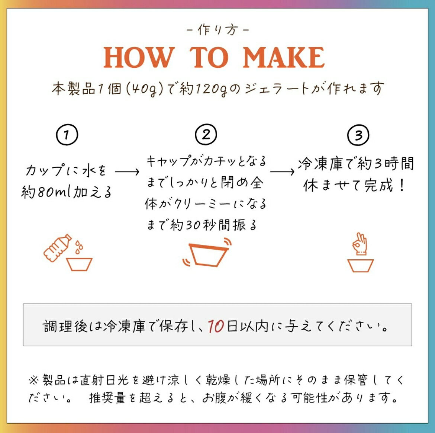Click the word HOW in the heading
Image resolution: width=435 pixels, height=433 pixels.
pyautogui.click(x=139, y=57)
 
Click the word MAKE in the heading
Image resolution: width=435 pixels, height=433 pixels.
pyautogui.click(x=284, y=57)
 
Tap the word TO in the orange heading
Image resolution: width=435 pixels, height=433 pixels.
pyautogui.click(x=209, y=57)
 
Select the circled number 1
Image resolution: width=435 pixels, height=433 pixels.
pyautogui.click(x=67, y=135)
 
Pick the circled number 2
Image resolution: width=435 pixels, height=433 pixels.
pyautogui.click(x=206, y=135)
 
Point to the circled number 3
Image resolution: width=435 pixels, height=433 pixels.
pyautogui.click(x=358, y=135)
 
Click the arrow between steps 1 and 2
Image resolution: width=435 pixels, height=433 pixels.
pyautogui.click(x=127, y=172)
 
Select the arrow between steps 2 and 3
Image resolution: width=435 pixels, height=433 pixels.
pyautogui.click(x=282, y=172)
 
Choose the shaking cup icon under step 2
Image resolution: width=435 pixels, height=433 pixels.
pyautogui.click(x=207, y=253)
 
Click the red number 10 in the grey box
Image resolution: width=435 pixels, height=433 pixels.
pyautogui.click(x=216, y=326)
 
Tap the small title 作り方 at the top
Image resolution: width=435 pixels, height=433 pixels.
pyautogui.click(x=218, y=30)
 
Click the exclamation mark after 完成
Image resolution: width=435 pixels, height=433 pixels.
pyautogui.click(x=402, y=185)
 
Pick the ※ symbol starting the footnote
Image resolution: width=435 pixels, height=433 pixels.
pyautogui.click(x=33, y=380)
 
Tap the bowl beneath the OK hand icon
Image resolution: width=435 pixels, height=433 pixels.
pyautogui.click(x=360, y=266)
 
